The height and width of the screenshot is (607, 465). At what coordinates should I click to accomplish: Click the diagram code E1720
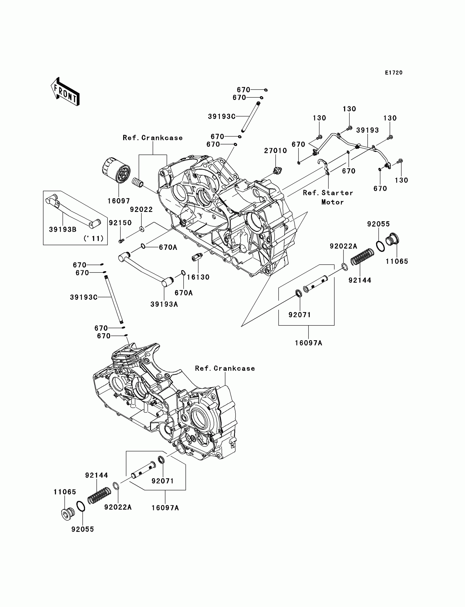coord(394,73)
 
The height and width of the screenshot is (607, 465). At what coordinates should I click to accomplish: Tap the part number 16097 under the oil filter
coord(119,201)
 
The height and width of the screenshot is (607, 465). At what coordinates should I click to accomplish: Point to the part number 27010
coord(275,150)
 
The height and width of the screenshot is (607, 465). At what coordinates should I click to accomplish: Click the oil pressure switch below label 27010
coord(277,171)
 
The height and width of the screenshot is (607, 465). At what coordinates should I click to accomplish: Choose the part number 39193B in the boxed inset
coord(63,229)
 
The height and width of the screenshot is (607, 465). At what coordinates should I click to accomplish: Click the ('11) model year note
coord(94,238)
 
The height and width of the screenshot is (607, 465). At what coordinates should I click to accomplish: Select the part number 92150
coord(120,223)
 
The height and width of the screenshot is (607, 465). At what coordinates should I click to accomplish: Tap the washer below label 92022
coord(141,229)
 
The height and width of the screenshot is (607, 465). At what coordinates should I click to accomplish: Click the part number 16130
coord(198,277)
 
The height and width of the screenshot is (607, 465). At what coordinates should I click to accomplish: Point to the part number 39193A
coord(164,304)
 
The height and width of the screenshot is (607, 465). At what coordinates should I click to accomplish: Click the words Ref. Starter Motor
coord(328,197)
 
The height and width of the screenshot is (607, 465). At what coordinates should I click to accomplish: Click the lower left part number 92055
coord(83,529)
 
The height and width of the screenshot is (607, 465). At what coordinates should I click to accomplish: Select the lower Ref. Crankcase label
coord(225,368)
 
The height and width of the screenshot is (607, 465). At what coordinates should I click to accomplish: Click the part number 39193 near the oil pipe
coord(368,130)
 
